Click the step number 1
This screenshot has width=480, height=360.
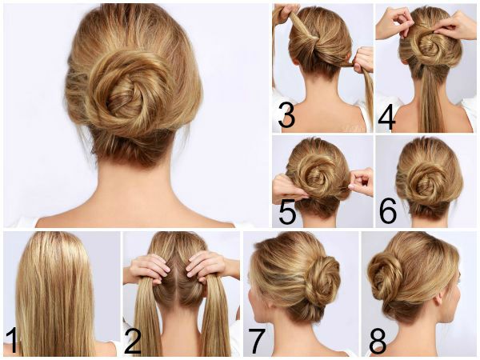(12, 340)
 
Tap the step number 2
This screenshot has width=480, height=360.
(133, 340)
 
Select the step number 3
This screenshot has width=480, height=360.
(286, 115)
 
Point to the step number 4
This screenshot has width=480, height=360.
(386, 117)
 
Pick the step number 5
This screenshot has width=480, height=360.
(287, 211)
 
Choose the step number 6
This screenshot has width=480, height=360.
(388, 210)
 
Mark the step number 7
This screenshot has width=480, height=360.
(256, 341)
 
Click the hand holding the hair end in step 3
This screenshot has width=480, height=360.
(362, 60)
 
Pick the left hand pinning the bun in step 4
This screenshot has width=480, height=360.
(395, 23)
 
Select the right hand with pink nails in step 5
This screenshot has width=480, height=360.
(362, 182)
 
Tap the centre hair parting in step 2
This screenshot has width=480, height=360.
(178, 270)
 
